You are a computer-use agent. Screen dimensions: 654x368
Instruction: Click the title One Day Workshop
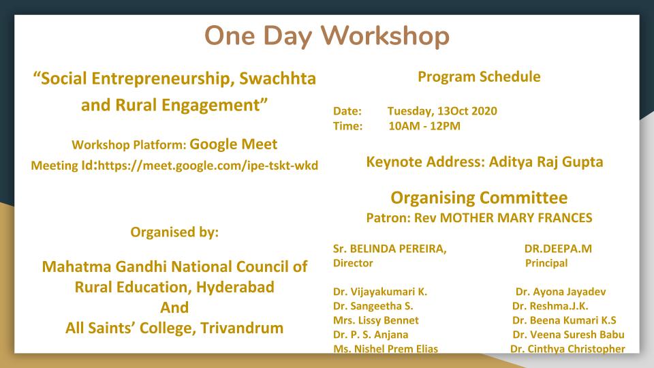(326, 36)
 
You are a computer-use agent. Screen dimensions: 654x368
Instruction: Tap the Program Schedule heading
(479, 77)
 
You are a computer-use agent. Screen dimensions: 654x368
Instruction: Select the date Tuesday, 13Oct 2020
(442, 111)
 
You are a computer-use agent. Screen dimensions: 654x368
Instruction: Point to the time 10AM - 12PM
(424, 126)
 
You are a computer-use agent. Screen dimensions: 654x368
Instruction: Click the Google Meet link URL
(208, 166)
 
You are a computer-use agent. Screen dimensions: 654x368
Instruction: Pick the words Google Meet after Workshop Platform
(233, 144)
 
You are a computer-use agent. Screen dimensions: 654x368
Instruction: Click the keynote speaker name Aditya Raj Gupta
(546, 162)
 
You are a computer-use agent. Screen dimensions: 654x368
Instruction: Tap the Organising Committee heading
(479, 198)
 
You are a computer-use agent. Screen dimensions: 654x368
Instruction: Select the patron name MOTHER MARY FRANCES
(516, 218)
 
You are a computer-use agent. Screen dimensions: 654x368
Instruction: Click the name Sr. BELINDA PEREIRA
(390, 249)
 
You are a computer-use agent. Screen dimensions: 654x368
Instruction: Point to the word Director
(353, 263)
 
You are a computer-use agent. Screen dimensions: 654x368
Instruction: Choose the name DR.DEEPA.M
(558, 249)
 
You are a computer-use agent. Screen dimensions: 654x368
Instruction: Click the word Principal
(546, 263)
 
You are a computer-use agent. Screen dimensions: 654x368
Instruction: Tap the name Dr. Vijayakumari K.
(380, 292)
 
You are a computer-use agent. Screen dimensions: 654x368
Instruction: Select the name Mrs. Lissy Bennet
(375, 320)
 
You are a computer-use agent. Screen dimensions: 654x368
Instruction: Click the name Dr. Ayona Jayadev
(561, 292)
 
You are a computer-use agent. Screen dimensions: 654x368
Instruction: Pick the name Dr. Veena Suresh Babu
(568, 335)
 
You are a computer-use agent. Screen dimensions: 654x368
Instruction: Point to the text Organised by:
(174, 232)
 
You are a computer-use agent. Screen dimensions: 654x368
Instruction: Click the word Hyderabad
(235, 287)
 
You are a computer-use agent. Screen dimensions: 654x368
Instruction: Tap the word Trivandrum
(241, 328)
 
